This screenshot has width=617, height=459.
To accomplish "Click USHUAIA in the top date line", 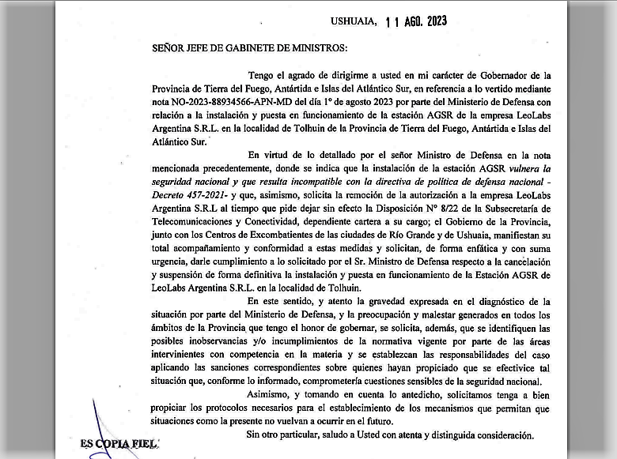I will coord(354,22).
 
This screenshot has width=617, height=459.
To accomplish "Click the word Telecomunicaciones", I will coord(200,221).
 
